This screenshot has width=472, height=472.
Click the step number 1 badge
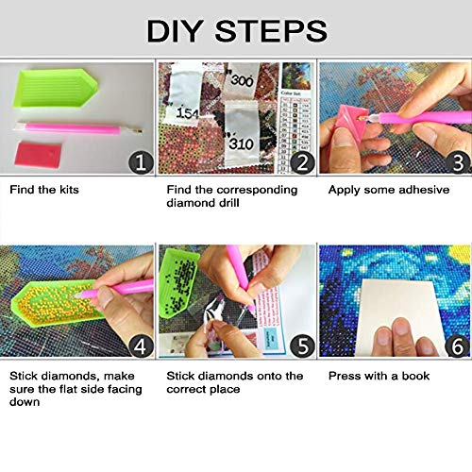tap(141, 162)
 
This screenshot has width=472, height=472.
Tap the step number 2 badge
tap(302, 162)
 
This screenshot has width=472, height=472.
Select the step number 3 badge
tap(459, 162)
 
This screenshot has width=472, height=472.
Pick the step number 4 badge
tap(141, 346)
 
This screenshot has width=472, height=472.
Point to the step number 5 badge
tap(302, 346)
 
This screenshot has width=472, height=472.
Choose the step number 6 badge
tap(458, 346)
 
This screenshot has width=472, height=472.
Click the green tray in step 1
tap(55, 89)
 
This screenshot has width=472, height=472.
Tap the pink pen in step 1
tap(78, 128)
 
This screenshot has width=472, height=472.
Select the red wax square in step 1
tap(38, 154)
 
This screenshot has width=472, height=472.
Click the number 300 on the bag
tap(242, 80)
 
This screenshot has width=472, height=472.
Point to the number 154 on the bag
tap(188, 113)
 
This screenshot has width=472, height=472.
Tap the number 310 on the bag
tap(242, 144)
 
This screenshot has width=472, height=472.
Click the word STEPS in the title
tap(271, 31)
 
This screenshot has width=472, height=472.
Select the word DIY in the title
tap(174, 31)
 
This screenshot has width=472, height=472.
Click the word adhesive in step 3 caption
tap(424, 190)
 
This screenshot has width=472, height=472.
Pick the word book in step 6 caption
tap(415, 376)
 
